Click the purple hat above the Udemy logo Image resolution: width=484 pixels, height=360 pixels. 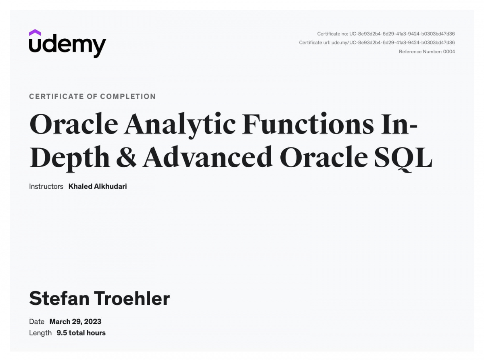35,32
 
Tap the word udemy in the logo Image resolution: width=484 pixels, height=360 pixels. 67,46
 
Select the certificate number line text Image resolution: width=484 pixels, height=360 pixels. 386,34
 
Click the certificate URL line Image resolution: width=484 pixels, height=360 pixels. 377,43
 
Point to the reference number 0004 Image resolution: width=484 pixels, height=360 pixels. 449,52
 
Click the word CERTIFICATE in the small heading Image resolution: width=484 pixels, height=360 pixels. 56,96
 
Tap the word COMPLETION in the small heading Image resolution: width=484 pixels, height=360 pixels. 128,96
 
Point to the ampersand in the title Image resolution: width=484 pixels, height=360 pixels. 126,157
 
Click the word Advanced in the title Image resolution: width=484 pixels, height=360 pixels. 207,156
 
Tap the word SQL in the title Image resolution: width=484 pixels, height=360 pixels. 403,158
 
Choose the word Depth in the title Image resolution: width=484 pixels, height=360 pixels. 70,158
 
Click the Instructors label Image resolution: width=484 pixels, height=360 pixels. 46,187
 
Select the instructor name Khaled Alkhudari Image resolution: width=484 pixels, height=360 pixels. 98,187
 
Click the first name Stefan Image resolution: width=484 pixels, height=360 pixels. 59,298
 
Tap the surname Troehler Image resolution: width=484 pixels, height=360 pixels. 132,298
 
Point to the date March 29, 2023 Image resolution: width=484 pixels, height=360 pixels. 75,322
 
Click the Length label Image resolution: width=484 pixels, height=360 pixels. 40,333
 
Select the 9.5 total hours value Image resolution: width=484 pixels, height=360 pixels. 81,333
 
